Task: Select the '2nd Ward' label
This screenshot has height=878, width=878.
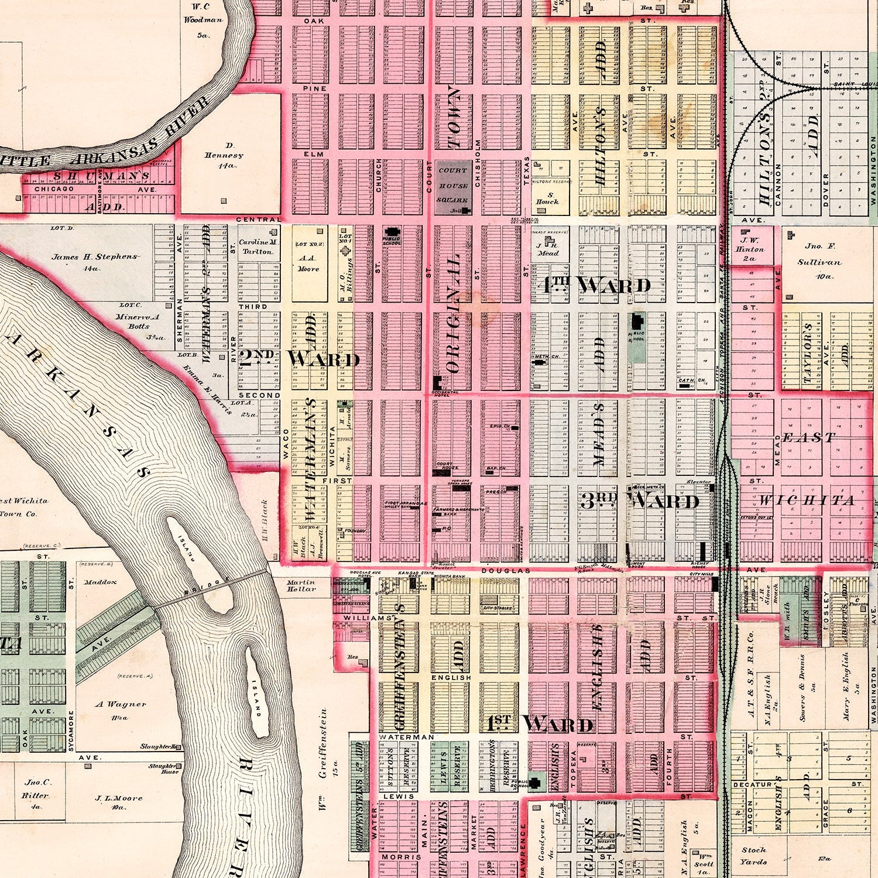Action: coord(299,358)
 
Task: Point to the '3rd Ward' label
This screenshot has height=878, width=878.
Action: coord(640,500)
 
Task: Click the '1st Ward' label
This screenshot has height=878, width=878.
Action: coord(540,724)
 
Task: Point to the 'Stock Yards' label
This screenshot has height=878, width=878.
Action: coord(753,855)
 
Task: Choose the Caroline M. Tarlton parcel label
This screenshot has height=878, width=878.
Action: coord(259,246)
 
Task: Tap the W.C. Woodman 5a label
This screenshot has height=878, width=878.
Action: coord(203,20)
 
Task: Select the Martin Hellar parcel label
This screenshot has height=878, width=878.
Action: coord(301,585)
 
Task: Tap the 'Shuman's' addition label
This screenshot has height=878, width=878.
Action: coord(102,175)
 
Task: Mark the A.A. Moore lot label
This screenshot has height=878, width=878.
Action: coord(308,263)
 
